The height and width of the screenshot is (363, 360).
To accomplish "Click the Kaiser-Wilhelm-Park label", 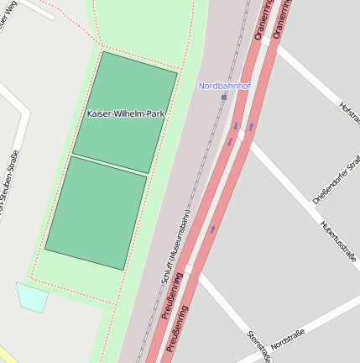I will tap(125, 113).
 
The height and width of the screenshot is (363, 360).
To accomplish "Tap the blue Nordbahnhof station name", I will tap(224, 86).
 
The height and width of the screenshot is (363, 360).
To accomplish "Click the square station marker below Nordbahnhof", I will tap(224, 97).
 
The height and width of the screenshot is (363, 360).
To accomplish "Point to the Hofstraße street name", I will tap(349, 113).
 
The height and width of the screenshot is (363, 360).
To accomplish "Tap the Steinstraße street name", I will tap(258, 345).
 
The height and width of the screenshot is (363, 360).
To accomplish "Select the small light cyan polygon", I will tap(32, 297).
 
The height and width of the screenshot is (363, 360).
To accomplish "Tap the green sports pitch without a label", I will tap(97, 213).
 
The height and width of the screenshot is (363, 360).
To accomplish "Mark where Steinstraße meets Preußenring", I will tap(192, 270).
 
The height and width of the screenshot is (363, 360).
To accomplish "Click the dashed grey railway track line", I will tap(201, 168).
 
